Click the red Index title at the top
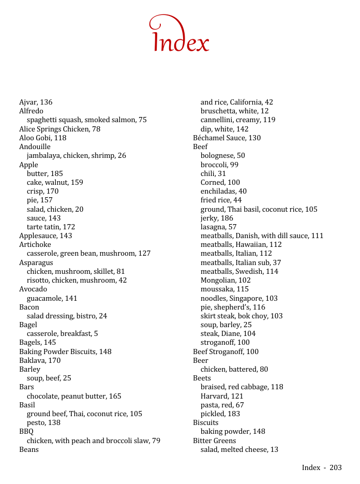pos(180,35)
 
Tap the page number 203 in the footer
pos(335,467)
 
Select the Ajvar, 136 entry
pos(36,102)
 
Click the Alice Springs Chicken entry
pos(59,129)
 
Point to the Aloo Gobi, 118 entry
pos(42,138)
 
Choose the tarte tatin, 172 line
pos(51,227)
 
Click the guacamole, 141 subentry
pos(52,298)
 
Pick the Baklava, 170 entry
pos(40,360)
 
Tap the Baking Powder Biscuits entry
pos(65,351)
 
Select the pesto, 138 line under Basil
pos(43,422)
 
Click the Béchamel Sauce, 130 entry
pos(227,138)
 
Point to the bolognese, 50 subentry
pos(222,155)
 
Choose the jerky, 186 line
pos(217,218)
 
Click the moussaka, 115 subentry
pos(224,289)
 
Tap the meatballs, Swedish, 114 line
pos(239,271)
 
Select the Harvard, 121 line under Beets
pos(222,396)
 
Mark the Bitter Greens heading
pos(214,441)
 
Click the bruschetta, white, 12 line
pos(234,111)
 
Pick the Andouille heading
pos(35,146)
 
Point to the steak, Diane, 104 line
pos(228,333)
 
